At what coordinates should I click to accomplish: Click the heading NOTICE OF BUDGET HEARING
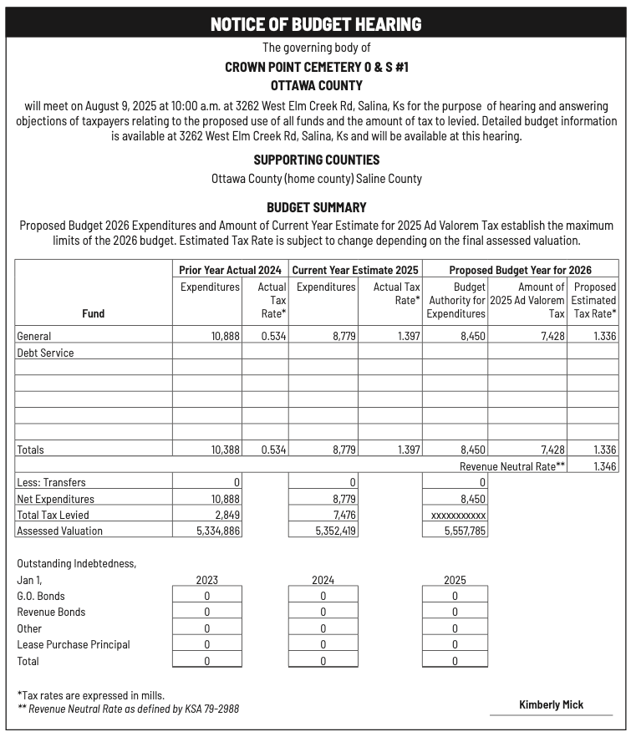click(x=315, y=23)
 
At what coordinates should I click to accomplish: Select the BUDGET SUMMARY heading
click(x=316, y=207)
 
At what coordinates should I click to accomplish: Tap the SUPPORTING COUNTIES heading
click(x=316, y=160)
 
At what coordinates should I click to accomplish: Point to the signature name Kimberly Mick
click(x=551, y=704)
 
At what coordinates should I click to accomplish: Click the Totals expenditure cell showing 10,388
click(x=225, y=450)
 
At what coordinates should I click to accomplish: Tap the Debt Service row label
click(x=45, y=353)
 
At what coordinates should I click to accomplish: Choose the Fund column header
click(x=94, y=313)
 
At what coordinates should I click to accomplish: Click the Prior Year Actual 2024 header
click(x=230, y=270)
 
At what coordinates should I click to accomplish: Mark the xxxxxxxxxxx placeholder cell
click(x=456, y=515)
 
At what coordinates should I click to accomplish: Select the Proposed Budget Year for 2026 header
click(x=520, y=270)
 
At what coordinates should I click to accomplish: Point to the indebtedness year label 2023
click(x=206, y=580)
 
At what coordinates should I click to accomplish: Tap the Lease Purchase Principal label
click(x=74, y=644)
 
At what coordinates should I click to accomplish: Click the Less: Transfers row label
click(x=51, y=482)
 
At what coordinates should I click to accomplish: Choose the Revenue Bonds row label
click(x=51, y=612)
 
